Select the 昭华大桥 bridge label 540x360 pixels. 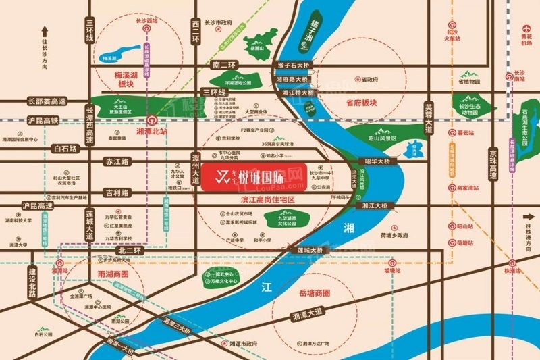378,162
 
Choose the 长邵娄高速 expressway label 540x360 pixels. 47,101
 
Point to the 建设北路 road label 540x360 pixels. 31,282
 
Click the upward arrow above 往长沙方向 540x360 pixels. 45,31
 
